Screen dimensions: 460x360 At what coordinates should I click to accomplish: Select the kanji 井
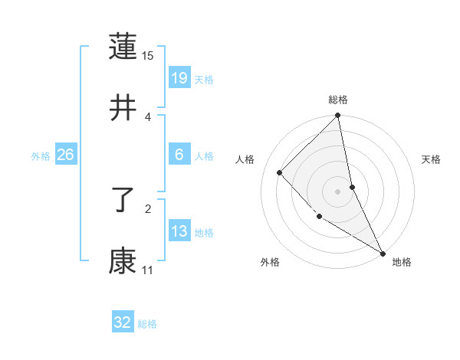123,109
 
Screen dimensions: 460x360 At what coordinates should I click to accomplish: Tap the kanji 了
123,201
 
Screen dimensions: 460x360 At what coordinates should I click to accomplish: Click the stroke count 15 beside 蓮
148,56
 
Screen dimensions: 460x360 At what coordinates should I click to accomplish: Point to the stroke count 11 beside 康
147,270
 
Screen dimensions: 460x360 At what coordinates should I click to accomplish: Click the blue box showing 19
179,77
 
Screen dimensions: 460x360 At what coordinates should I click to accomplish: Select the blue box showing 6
179,155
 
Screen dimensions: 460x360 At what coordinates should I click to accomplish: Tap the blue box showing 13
179,231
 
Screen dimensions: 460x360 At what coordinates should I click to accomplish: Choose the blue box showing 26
65,155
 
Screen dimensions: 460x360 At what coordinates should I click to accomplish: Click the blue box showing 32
123,322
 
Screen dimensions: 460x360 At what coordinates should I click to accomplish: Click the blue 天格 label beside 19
204,80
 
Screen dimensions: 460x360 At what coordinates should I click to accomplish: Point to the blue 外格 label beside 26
41,156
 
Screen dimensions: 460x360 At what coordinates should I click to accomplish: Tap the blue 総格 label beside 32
147,324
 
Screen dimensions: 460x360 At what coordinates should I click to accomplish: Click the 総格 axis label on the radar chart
338,100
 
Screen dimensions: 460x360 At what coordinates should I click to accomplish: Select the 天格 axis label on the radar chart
431,159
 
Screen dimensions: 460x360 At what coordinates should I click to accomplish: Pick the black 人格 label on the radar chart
245,159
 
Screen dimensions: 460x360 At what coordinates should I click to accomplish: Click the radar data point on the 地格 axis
383,252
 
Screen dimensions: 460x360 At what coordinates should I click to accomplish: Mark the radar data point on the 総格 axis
338,116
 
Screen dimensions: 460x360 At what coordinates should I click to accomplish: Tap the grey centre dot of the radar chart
338,191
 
